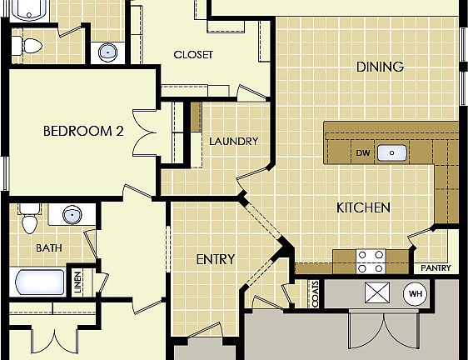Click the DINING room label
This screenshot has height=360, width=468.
(x=379, y=67)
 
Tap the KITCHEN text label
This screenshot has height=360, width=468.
(x=363, y=207)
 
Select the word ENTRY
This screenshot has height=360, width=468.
(x=215, y=259)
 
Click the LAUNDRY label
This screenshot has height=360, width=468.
(x=233, y=141)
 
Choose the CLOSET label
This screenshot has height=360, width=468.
(x=193, y=55)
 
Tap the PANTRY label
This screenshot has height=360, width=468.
(x=436, y=268)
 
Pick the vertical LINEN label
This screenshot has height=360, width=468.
(x=77, y=282)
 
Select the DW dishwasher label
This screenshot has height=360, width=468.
(x=362, y=153)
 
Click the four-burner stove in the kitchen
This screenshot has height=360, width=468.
(x=371, y=262)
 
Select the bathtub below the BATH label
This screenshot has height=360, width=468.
(x=38, y=282)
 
